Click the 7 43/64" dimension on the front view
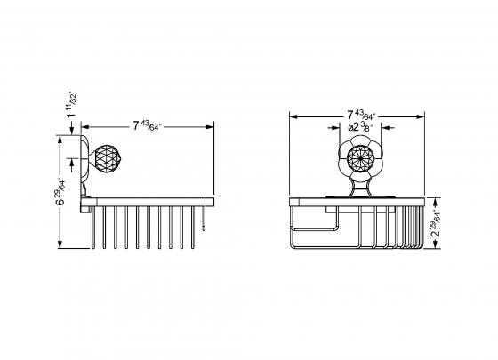pos(361,115)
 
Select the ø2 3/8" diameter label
pos(361,128)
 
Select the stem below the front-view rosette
pos(361,185)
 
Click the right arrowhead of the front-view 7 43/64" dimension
pos(425,115)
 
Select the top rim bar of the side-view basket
pos(151,202)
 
